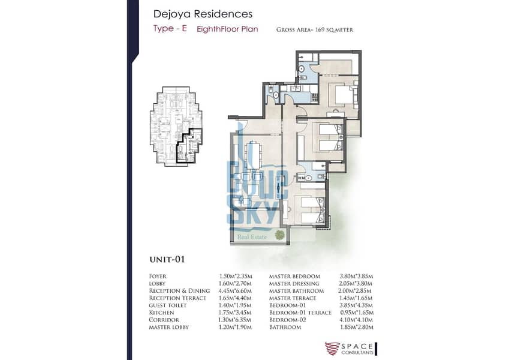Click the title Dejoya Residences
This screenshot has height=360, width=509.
click(x=203, y=14)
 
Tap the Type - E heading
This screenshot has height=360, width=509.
click(x=170, y=28)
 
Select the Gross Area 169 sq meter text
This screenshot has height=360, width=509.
click(x=315, y=29)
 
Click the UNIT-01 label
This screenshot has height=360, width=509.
click(x=167, y=259)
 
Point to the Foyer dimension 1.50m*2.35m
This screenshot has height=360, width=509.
click(x=236, y=276)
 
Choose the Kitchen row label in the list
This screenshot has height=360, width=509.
click(x=161, y=313)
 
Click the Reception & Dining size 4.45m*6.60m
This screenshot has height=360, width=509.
click(x=235, y=291)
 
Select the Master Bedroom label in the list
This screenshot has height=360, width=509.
click(x=294, y=276)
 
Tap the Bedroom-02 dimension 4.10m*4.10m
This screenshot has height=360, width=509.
click(x=357, y=320)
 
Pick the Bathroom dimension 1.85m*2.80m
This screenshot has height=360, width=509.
click(x=357, y=327)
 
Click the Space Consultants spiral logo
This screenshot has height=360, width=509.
click(x=332, y=349)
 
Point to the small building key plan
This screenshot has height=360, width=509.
click(x=176, y=126)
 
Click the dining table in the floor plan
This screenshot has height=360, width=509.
click(x=256, y=155)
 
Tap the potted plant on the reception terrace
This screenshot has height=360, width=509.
click(x=279, y=235)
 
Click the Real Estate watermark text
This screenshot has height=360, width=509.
click(x=252, y=237)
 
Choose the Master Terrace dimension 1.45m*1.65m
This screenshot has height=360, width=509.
click(x=356, y=298)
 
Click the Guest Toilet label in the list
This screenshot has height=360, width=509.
click(x=168, y=305)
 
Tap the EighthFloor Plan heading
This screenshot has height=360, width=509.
click(x=227, y=29)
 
